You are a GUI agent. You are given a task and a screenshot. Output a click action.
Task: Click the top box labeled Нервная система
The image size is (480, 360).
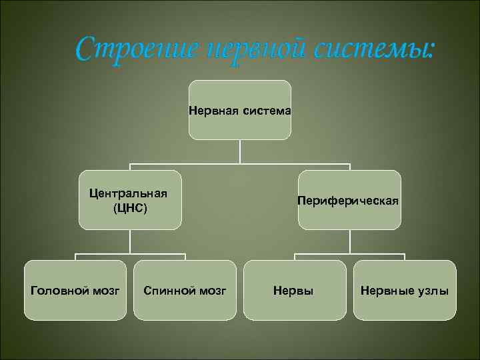pyautogui.click(x=239, y=110)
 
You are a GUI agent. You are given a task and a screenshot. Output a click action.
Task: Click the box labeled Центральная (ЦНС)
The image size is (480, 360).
pyautogui.click(x=130, y=199)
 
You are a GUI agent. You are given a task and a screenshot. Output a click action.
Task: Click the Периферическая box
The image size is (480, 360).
pyautogui.click(x=349, y=199)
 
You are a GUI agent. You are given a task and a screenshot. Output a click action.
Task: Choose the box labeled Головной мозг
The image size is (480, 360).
pyautogui.click(x=75, y=290)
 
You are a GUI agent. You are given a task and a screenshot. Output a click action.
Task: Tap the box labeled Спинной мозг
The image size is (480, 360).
pyautogui.click(x=185, y=290)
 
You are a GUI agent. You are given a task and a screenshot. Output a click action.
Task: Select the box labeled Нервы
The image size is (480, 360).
pyautogui.click(x=294, y=290)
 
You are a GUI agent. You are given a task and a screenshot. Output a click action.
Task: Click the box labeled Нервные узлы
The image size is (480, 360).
pyautogui.click(x=404, y=290)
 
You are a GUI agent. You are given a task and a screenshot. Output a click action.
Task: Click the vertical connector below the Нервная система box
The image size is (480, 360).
pyautogui.click(x=239, y=151)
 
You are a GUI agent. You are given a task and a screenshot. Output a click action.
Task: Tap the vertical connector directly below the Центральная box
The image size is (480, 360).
pyautogui.click(x=130, y=241)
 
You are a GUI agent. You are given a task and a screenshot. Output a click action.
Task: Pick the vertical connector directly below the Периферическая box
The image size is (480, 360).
pyautogui.click(x=349, y=241)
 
